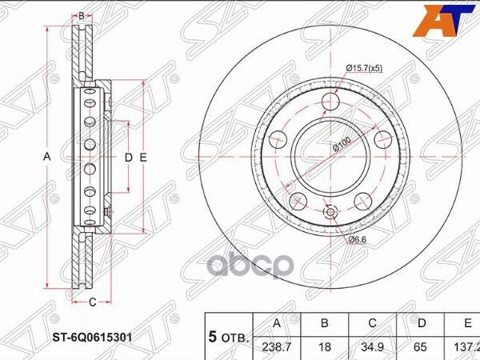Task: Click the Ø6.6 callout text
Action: tap(357, 239)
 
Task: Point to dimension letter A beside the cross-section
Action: tap(46, 158)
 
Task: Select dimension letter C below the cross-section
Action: tap(92, 301)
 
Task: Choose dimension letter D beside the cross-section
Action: tap(128, 158)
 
